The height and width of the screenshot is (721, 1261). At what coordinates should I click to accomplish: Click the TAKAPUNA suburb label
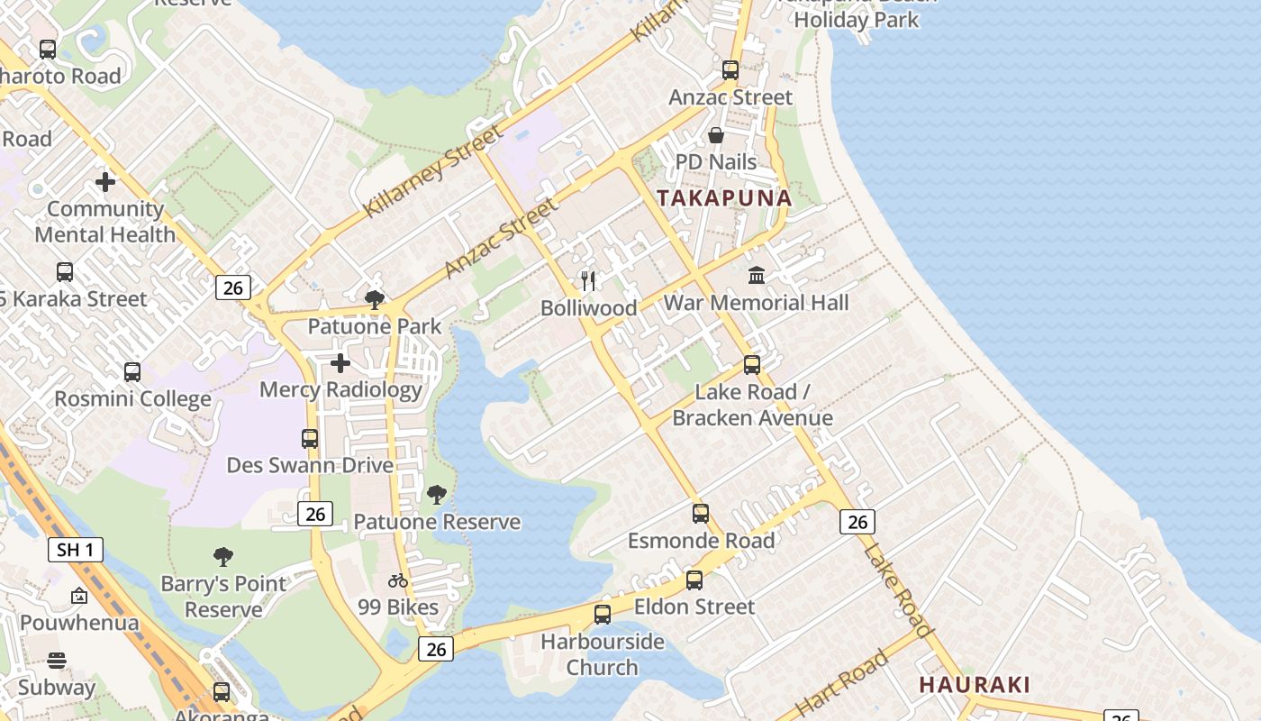(724, 198)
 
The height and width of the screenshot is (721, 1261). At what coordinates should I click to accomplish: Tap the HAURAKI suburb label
(975, 685)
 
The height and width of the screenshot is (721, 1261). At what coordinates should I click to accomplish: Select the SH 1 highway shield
(76, 550)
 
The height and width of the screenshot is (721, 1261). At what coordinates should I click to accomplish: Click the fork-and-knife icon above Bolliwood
(588, 281)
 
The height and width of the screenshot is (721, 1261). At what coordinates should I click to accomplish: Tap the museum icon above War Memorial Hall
(757, 275)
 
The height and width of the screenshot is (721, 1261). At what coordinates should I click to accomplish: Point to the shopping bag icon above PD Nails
(716, 135)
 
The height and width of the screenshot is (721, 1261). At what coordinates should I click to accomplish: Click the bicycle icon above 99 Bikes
(397, 580)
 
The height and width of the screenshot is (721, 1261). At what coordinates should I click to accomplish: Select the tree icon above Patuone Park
(375, 299)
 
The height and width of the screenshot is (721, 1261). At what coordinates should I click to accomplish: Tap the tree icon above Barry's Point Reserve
(223, 557)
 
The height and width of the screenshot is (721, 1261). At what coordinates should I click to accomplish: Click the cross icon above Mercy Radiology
(340, 363)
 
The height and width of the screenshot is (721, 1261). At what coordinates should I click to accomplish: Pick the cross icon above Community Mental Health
(105, 182)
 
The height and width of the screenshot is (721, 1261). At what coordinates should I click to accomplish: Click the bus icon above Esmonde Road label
(701, 514)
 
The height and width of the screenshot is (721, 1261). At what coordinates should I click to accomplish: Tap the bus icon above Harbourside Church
(603, 615)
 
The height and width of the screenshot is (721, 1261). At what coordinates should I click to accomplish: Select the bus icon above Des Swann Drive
(310, 439)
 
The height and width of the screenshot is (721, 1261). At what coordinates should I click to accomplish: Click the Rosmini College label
(133, 399)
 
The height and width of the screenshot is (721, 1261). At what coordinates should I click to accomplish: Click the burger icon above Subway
(57, 661)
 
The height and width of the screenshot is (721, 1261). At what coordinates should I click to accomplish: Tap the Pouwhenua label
(79, 623)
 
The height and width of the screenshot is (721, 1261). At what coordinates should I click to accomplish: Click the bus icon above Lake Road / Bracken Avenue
(752, 365)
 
